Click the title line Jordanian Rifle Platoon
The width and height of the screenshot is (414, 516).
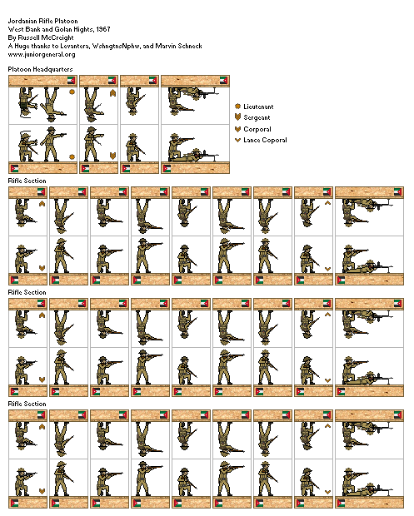[42, 21]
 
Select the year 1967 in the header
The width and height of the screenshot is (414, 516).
[103, 29]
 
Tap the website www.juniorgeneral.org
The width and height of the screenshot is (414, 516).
[42, 54]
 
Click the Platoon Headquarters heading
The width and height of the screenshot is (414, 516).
[40, 69]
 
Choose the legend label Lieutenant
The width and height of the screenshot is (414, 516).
[258, 107]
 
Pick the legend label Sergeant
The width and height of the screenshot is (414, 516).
[257, 117]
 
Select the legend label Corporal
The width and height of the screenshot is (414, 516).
[257, 129]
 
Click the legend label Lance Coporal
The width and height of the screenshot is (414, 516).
[265, 140]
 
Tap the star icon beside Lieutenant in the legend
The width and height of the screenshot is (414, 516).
[237, 107]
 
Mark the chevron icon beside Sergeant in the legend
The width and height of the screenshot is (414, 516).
[237, 117]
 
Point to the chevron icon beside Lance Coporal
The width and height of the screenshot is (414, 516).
[237, 140]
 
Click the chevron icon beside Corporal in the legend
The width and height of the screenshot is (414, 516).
[237, 129]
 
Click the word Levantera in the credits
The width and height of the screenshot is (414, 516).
[75, 46]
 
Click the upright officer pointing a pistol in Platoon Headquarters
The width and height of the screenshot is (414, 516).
[52, 144]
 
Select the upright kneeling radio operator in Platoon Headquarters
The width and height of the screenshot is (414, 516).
[27, 146]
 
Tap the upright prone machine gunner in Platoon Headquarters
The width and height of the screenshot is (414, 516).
[195, 156]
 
